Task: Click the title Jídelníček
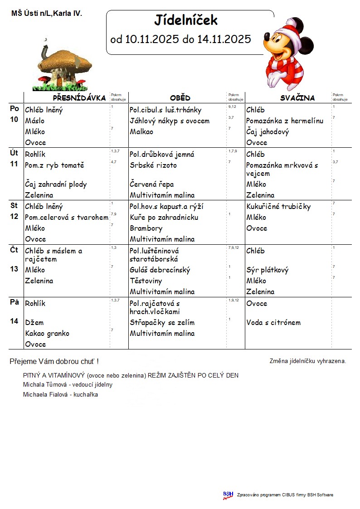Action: (x=186, y=20)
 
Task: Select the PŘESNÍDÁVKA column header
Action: (x=79, y=98)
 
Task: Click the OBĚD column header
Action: (x=180, y=98)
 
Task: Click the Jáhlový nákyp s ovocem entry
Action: (x=170, y=121)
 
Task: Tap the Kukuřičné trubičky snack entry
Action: (x=278, y=207)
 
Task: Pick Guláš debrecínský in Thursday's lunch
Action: (x=160, y=270)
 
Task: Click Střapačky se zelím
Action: (x=162, y=323)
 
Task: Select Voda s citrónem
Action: (x=273, y=323)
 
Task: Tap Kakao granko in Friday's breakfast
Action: (x=47, y=334)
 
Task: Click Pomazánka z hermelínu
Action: (x=285, y=121)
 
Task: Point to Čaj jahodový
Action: (x=268, y=132)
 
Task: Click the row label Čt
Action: (x=14, y=250)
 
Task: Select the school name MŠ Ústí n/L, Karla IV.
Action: (x=47, y=14)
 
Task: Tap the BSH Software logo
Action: (x=228, y=495)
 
